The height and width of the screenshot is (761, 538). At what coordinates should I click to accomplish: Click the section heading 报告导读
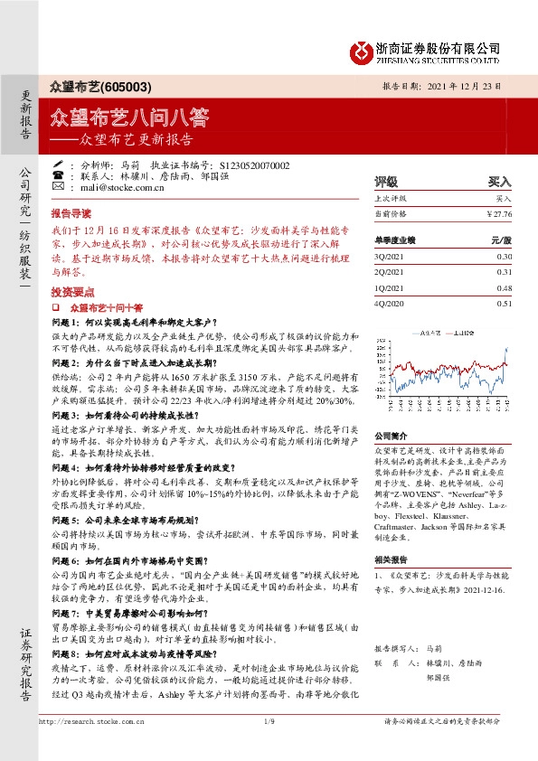tap(70, 217)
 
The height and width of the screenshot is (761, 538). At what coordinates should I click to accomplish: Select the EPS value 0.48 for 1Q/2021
tap(504, 288)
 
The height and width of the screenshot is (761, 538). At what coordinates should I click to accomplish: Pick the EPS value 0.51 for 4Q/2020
tap(504, 305)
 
